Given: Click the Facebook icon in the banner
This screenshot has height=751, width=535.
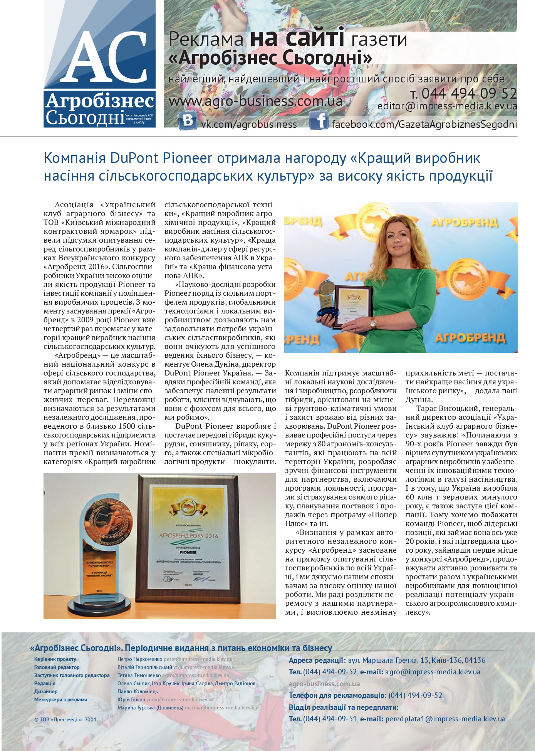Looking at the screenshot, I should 319,121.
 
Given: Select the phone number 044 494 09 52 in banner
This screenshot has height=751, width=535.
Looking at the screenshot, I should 468,93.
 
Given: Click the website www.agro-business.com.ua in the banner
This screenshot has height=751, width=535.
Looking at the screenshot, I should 255,101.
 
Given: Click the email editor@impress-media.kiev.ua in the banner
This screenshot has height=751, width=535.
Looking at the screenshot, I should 447,106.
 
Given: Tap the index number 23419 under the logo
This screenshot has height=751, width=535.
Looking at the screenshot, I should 139,122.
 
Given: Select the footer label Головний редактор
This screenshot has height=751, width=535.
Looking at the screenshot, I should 57,667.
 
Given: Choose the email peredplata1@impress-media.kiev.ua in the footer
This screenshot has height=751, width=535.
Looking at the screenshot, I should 445,719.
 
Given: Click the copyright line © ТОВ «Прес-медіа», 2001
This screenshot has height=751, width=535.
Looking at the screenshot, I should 65,719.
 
